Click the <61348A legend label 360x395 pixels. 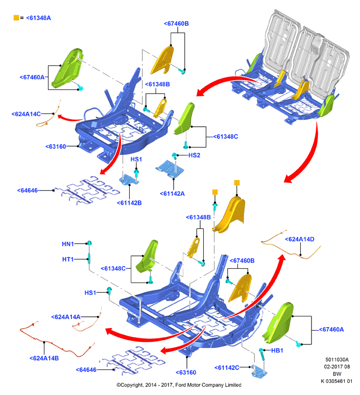click(x=38, y=18)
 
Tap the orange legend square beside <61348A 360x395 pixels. click(x=16, y=18)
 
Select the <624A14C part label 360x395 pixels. click(x=26, y=114)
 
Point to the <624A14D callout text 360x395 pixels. click(x=300, y=239)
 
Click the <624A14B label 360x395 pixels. click(x=44, y=358)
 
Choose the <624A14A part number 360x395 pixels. click(x=66, y=317)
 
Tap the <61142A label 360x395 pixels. click(x=172, y=194)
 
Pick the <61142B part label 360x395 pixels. click(x=129, y=203)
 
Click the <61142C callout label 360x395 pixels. click(x=227, y=368)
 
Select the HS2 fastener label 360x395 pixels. click(x=195, y=155)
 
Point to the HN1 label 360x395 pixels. click(x=68, y=244)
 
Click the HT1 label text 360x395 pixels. click(x=68, y=259)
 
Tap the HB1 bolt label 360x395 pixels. click(x=277, y=351)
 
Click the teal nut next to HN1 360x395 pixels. click(x=89, y=243)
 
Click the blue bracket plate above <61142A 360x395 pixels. click(x=170, y=169)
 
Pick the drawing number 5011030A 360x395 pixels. click(x=337, y=359)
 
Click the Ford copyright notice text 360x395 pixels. click(x=179, y=385)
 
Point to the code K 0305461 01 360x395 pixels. click(x=337, y=381)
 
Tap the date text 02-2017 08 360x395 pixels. click(x=337, y=366)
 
